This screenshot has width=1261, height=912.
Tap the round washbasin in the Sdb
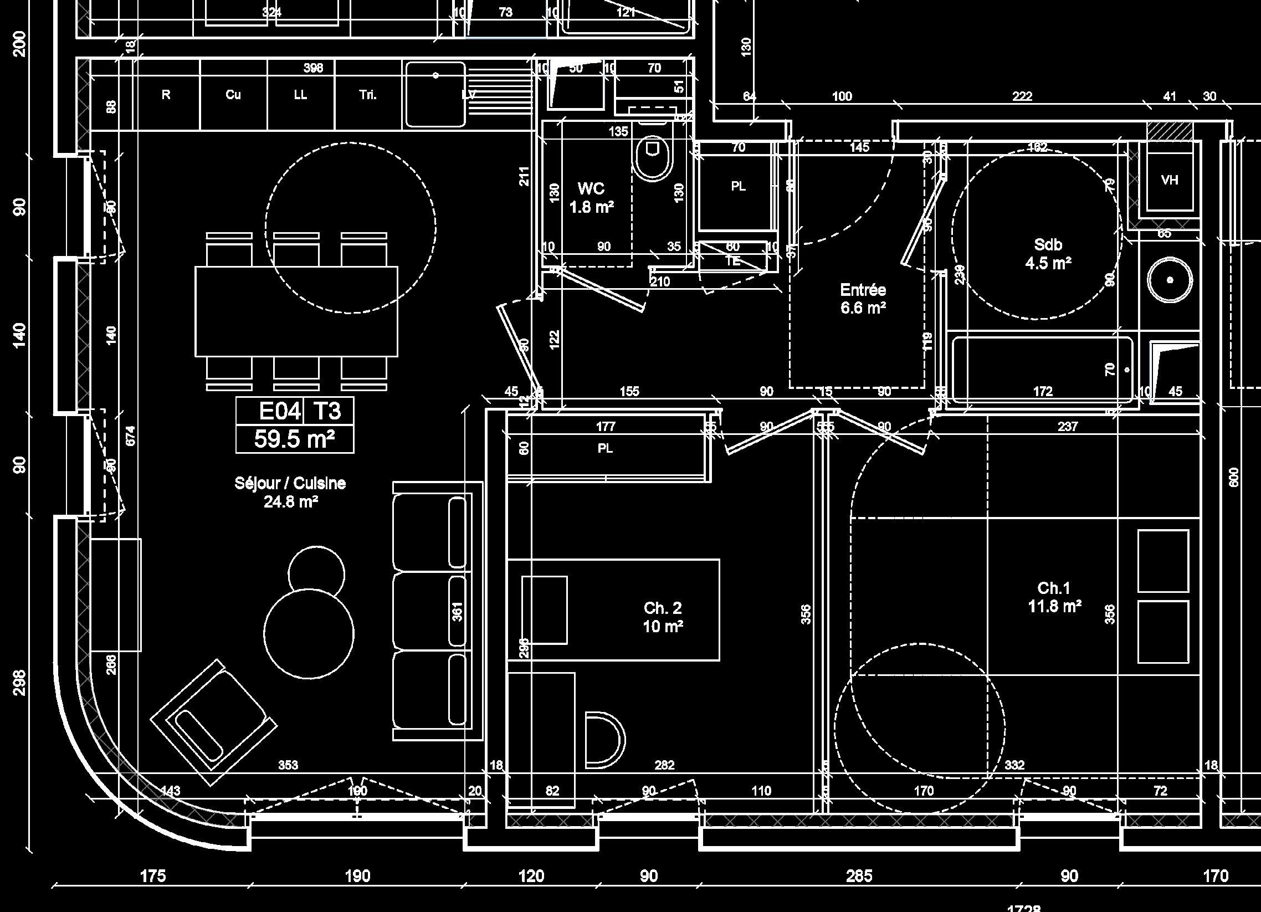click(1170, 280)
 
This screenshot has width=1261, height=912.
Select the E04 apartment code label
click(280, 412)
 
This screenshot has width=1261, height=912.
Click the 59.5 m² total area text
click(294, 439)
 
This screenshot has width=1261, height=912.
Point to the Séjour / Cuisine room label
click(290, 483)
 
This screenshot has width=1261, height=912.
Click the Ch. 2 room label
click(663, 608)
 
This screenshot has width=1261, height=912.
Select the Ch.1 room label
click(1054, 588)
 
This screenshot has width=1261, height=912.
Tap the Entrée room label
click(863, 290)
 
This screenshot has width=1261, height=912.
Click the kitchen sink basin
click(435, 95)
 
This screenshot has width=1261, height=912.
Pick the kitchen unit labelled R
click(166, 95)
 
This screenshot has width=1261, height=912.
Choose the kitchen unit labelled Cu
click(233, 95)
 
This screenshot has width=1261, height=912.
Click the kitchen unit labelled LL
click(300, 95)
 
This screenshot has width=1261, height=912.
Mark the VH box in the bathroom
click(1170, 180)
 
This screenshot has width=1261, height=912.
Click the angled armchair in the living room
click(213, 723)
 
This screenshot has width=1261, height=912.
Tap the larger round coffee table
click(309, 634)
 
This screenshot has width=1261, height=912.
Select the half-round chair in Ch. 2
click(604, 739)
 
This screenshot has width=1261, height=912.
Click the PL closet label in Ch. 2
click(605, 448)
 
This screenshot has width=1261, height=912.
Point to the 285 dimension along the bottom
click(859, 877)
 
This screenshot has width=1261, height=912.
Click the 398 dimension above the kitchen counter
click(313, 68)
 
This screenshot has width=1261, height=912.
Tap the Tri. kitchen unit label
click(367, 95)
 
